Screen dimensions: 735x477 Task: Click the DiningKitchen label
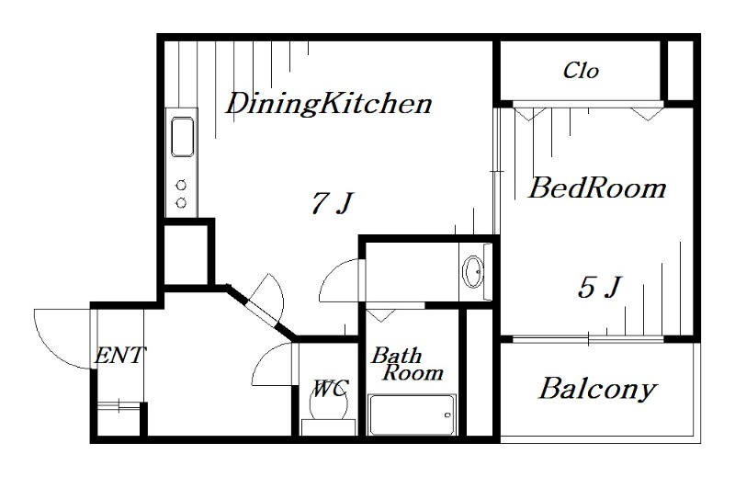point(329,104)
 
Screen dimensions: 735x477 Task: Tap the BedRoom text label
point(597,187)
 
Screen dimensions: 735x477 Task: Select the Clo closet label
point(581,71)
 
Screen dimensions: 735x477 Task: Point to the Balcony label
point(598,390)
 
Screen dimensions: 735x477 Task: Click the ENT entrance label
point(120,356)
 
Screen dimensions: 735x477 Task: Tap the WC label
point(331,389)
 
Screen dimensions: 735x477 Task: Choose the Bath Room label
point(407,364)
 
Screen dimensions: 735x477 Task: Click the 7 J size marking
point(333,203)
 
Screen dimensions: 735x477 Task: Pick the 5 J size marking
point(600,287)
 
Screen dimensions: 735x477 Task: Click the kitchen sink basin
point(182,137)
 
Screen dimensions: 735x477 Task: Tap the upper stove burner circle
point(181,186)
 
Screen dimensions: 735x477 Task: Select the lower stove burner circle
point(181,202)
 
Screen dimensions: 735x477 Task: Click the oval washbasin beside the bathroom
point(473,271)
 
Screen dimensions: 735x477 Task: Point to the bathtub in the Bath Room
point(412,415)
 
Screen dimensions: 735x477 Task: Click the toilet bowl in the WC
point(329,404)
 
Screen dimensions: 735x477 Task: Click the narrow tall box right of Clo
point(680,71)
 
